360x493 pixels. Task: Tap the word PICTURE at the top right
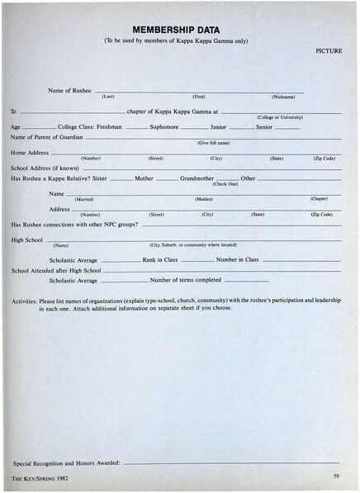click(x=329, y=50)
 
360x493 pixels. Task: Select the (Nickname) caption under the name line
click(x=283, y=97)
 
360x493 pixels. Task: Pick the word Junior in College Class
click(x=218, y=127)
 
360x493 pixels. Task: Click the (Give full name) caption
click(x=213, y=143)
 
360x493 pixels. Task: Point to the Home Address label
click(x=29, y=153)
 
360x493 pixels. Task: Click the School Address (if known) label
click(x=39, y=168)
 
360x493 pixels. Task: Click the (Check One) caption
click(x=225, y=183)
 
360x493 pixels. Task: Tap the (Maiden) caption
click(x=204, y=199)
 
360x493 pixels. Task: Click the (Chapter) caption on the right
click(x=319, y=198)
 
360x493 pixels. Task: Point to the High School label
click(x=27, y=239)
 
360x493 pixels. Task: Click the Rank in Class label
click(x=160, y=259)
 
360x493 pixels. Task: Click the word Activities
click(x=25, y=301)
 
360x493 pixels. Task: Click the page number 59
click(x=336, y=476)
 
